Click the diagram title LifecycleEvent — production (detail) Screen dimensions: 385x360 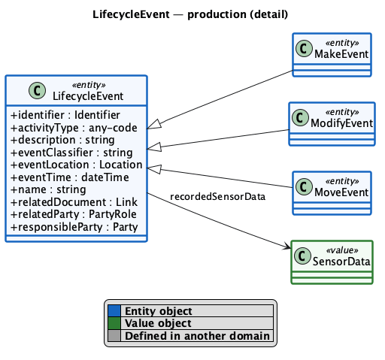[190, 14]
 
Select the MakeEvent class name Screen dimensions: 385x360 [341, 54]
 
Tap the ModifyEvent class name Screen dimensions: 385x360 [341, 123]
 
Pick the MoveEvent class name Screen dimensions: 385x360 [341, 192]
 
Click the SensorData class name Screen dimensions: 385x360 [341, 262]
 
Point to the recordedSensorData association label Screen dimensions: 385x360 [217, 197]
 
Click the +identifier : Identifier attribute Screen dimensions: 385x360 [65, 115]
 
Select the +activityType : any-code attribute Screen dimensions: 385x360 [74, 128]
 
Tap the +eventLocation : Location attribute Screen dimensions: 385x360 [77, 165]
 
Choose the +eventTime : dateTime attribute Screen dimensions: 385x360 [70, 177]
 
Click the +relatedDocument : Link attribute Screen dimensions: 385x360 [74, 202]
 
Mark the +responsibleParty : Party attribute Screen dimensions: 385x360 [74, 227]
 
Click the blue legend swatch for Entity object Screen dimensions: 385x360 [114, 311]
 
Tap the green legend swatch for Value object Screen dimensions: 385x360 [114, 323]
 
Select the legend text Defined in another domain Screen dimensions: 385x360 [197, 336]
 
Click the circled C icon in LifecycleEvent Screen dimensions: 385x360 [38, 90]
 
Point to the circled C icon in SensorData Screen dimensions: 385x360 [302, 256]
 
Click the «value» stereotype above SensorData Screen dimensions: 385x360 [342, 250]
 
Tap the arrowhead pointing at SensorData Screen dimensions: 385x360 [287, 246]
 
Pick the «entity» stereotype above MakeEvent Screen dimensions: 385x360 [342, 43]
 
